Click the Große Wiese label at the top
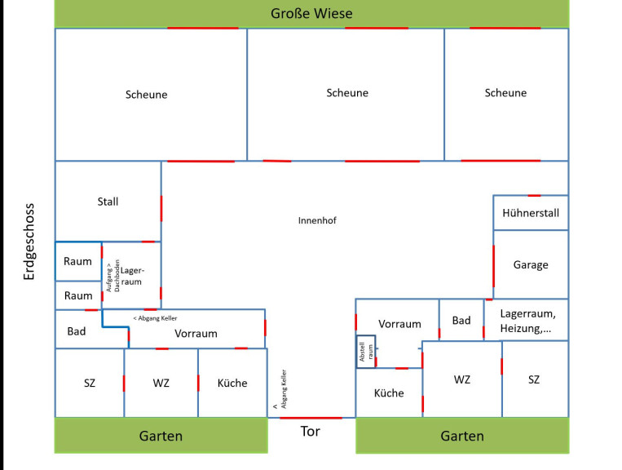pos(311,14)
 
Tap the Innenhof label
pos(317,220)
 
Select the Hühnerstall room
pos(531,214)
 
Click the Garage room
pos(531,264)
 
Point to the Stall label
pos(108,202)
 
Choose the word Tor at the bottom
pos(311,432)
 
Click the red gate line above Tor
pos(311,418)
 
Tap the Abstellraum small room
pos(365,352)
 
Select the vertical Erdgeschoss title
pos(30,242)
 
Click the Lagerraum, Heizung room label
pos(527,320)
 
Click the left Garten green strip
pos(161,436)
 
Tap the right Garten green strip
pos(462,436)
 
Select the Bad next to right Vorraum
pos(461,321)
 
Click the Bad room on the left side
pos(77,331)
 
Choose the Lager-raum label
pos(131,276)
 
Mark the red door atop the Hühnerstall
pos(534,196)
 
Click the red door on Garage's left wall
pos(493,265)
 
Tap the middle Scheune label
pos(347,93)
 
